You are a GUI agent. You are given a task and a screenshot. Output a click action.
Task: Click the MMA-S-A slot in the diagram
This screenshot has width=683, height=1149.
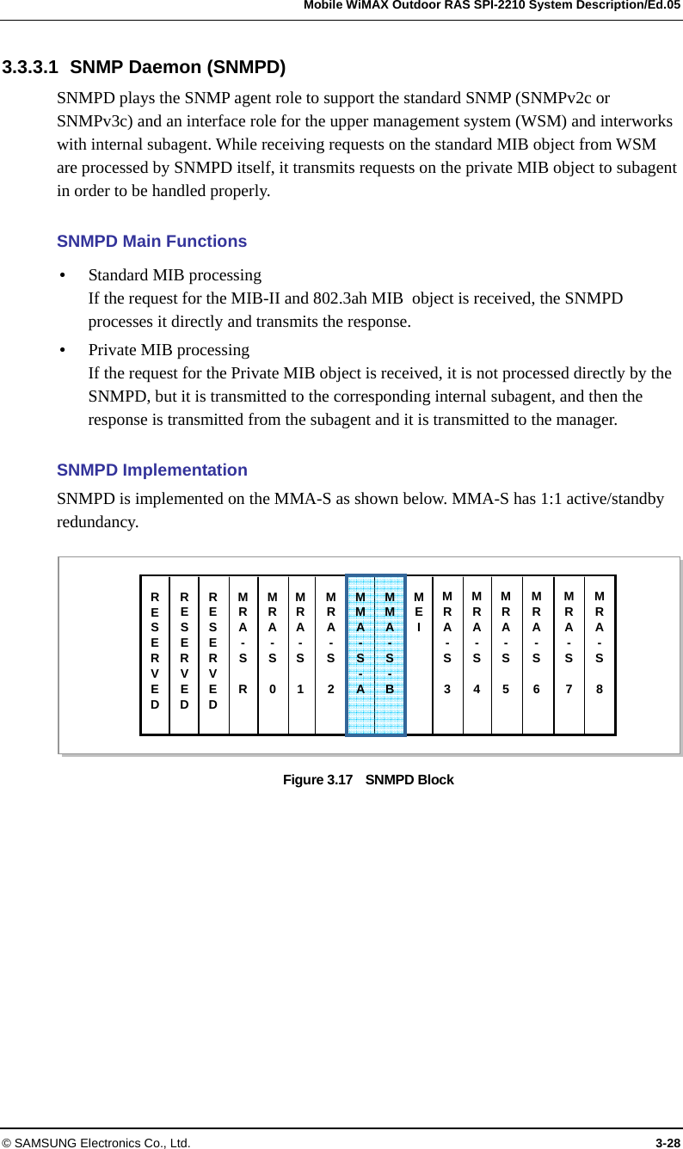[x=360, y=655]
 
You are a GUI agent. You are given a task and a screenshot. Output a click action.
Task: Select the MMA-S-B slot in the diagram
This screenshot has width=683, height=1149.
[x=390, y=655]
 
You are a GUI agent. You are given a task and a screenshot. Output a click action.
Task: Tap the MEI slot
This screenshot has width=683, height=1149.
[x=419, y=655]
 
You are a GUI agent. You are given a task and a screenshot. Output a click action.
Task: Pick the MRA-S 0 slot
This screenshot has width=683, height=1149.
[x=273, y=655]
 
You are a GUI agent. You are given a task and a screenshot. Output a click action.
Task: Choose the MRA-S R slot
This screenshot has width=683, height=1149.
[x=243, y=655]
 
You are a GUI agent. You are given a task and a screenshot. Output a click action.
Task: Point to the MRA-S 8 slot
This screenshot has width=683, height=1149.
[x=600, y=655]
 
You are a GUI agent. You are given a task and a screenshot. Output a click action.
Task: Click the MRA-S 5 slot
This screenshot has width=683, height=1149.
[x=507, y=655]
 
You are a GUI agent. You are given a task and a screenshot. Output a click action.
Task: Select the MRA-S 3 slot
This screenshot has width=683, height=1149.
[x=447, y=655]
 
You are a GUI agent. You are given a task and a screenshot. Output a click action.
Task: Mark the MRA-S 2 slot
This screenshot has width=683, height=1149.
[x=330, y=655]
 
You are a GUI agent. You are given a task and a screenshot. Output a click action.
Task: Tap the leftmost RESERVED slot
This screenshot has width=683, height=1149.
[x=155, y=655]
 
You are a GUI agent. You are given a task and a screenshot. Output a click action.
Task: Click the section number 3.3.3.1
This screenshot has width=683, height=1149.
[x=31, y=67]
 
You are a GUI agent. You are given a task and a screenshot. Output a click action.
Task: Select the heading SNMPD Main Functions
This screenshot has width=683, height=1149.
[x=151, y=242]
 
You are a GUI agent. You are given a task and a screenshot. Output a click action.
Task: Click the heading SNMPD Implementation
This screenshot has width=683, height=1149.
[x=151, y=470]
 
